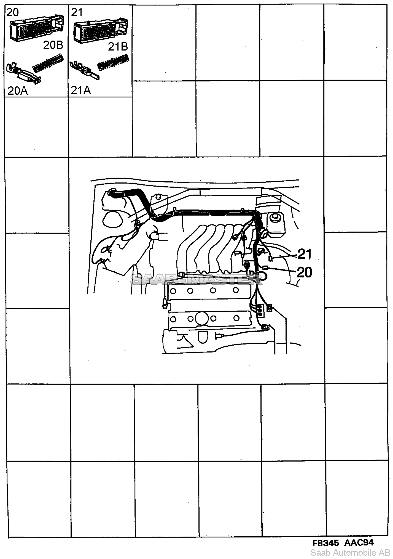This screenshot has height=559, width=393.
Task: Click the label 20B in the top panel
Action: click(53, 45)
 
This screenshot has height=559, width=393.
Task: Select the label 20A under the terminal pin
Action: click(18, 91)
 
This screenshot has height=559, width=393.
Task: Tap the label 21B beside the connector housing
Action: click(118, 47)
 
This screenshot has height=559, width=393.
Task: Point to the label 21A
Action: click(81, 90)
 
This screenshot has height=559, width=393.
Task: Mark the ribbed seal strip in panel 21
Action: click(113, 62)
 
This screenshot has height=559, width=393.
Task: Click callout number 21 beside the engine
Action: click(304, 254)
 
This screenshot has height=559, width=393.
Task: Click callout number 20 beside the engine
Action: click(304, 272)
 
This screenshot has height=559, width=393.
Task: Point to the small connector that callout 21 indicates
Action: click(270, 258)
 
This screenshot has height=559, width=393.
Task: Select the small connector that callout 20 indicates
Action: click(265, 267)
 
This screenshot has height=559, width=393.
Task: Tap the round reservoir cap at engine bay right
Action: click(275, 218)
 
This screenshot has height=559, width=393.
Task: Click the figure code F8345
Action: click(326, 543)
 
